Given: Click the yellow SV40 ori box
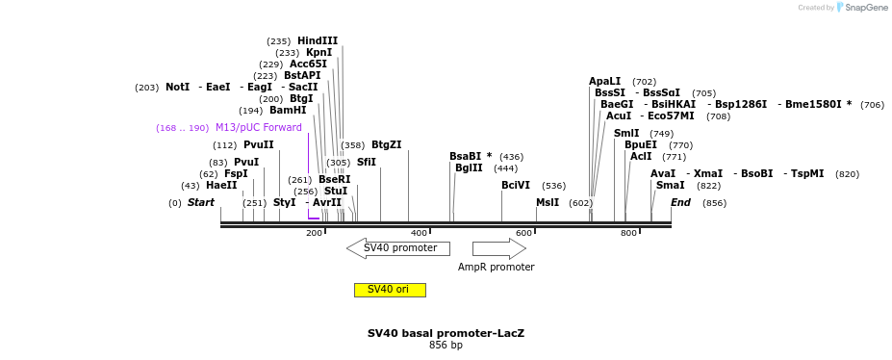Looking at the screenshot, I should (x=390, y=290).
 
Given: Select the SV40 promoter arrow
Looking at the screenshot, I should (x=398, y=248).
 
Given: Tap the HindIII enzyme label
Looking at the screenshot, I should (x=318, y=41).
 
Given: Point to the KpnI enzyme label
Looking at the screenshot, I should (x=319, y=53).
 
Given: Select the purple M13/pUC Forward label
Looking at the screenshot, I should (x=258, y=127).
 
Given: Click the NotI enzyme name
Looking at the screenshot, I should (x=177, y=87).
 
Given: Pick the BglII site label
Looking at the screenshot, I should (x=470, y=167).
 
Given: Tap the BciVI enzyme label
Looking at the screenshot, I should (x=516, y=185).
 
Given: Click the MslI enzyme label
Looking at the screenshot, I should (x=548, y=202).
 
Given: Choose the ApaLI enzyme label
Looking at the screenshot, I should (x=604, y=82).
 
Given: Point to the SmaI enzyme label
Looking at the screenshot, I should (x=670, y=185).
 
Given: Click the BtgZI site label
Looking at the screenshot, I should (x=386, y=144).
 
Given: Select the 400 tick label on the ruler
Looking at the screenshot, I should (x=419, y=233).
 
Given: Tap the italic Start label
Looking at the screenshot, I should (x=200, y=202).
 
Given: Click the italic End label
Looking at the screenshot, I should (x=680, y=202).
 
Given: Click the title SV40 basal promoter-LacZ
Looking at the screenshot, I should (x=446, y=333).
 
